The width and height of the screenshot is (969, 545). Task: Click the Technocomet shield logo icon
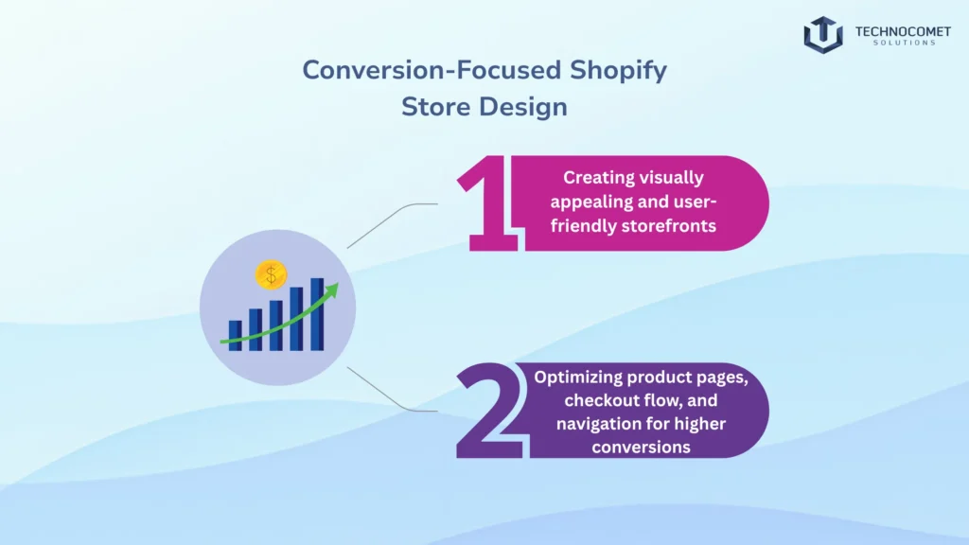(x=823, y=34)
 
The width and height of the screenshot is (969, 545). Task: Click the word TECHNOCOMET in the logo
(x=895, y=30)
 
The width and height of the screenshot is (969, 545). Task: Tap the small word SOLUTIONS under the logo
(x=894, y=43)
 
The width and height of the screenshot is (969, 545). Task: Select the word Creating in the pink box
(x=594, y=177)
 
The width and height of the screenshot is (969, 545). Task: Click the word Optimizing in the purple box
(x=578, y=377)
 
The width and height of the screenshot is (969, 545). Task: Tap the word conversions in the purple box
(x=641, y=446)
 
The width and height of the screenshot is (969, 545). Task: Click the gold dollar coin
(x=271, y=275)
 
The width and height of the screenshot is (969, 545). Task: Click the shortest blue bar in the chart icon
(x=235, y=336)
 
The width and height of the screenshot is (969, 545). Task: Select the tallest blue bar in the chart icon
(x=317, y=314)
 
